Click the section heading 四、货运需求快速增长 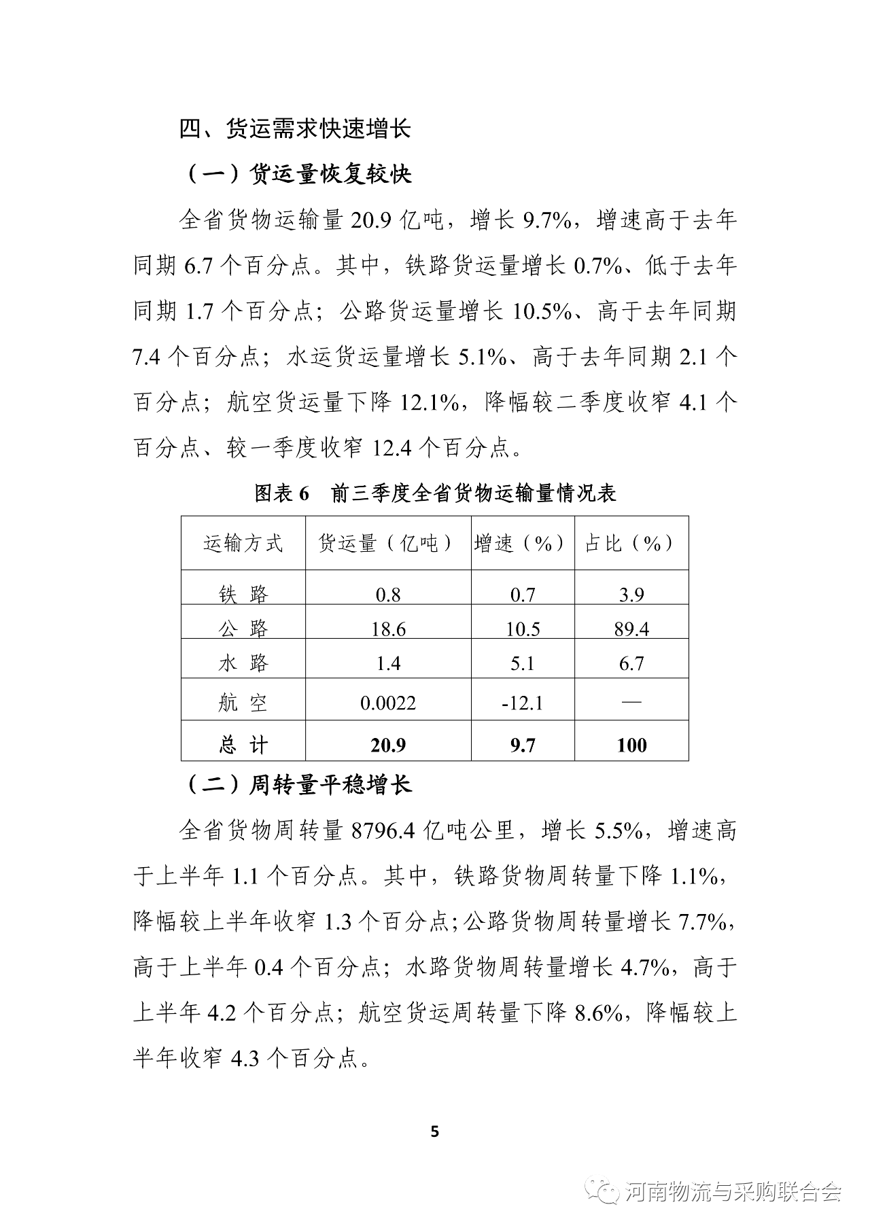(x=295, y=128)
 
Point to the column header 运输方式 (x=243, y=543)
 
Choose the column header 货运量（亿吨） (x=387, y=543)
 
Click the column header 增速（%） (x=522, y=543)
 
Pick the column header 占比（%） (x=631, y=543)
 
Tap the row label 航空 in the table (x=243, y=703)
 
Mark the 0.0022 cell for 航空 (x=388, y=703)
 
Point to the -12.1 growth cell (x=522, y=703)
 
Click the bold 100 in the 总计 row (x=631, y=745)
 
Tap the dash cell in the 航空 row (x=631, y=702)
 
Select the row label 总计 (x=243, y=745)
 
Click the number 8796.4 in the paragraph (x=383, y=830)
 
